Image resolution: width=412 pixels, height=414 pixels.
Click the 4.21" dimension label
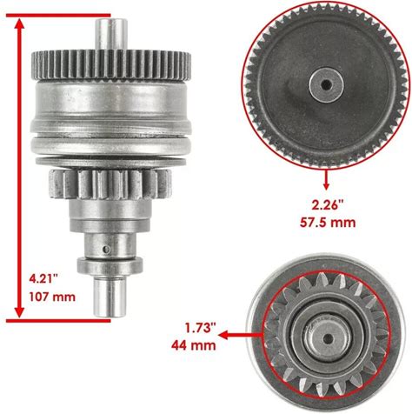pos(43,279)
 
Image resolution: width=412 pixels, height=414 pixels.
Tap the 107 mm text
pos(52,297)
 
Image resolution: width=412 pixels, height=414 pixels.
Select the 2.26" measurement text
pos(328,205)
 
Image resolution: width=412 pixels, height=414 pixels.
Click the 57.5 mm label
pos(328,223)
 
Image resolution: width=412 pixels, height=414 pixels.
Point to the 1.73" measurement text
pos(201,328)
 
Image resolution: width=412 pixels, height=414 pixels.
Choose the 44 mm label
pos(194,345)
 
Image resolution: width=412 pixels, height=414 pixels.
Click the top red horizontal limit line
pos(58,15)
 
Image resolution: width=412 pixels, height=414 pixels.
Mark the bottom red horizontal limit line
pos(58,320)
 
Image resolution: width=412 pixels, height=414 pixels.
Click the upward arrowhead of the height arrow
pos(19,24)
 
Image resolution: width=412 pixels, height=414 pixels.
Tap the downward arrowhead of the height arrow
pos(19,311)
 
